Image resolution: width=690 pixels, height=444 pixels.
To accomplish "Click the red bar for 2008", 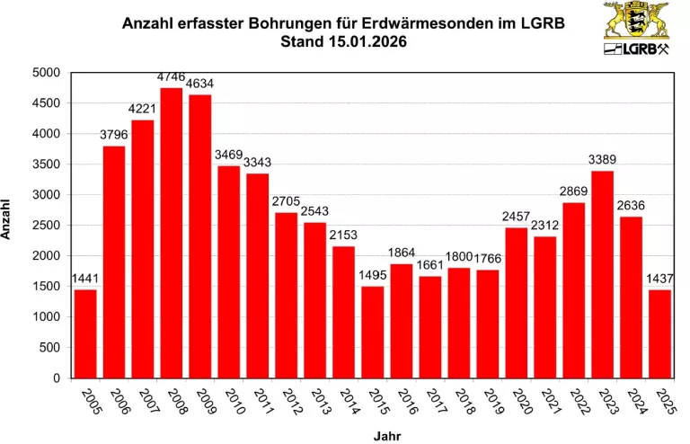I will [172, 233].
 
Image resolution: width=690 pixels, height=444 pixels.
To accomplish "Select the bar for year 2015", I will [373, 332].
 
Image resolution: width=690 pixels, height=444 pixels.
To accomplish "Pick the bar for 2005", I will [85, 333].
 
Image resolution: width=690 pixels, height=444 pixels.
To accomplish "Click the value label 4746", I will [172, 78].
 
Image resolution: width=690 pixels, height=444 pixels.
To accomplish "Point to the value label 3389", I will [602, 159].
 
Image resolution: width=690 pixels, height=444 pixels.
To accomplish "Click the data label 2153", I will [342, 235].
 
